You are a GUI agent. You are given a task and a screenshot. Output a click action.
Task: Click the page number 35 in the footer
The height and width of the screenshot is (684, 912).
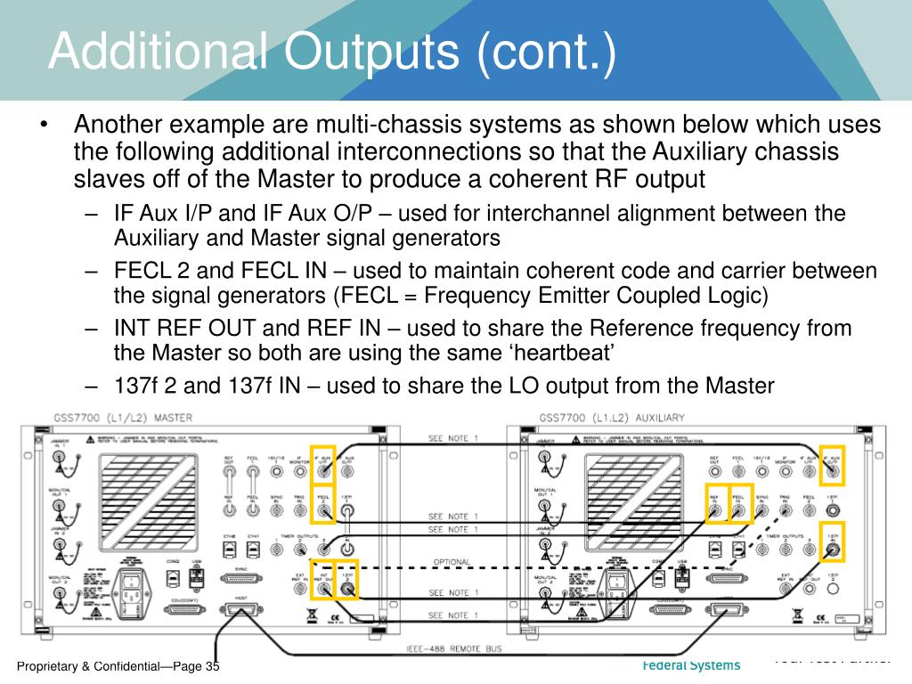click(211, 667)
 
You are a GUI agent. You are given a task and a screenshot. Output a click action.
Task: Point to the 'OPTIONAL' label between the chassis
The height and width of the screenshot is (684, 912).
click(452, 562)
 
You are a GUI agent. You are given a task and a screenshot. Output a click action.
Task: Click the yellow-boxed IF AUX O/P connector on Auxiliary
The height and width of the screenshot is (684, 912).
click(832, 464)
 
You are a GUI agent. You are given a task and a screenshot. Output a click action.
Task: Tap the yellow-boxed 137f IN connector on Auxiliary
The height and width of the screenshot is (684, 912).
click(832, 550)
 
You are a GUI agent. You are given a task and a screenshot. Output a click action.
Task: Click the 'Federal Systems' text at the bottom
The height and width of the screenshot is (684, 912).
click(691, 665)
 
